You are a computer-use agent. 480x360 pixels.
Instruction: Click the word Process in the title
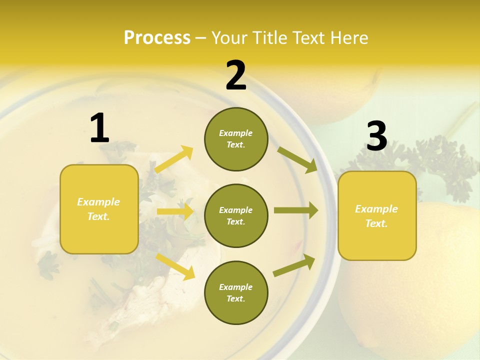(x=157, y=38)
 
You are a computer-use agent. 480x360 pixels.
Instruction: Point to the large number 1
(x=99, y=128)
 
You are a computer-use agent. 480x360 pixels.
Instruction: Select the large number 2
(x=236, y=75)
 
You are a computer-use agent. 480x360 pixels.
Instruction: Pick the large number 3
(x=376, y=136)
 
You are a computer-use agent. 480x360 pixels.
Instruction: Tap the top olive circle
(x=236, y=139)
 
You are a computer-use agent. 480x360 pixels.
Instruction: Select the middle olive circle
(x=236, y=216)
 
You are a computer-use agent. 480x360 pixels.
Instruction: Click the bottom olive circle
(x=236, y=292)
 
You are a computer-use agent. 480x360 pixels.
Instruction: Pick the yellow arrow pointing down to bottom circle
(x=175, y=266)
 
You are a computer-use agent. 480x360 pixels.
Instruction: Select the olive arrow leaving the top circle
(x=297, y=159)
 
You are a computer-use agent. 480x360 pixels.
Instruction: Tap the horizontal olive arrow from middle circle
(x=295, y=210)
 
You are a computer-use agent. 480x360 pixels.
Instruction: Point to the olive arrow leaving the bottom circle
(x=294, y=265)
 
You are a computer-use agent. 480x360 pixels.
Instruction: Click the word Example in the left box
(x=98, y=202)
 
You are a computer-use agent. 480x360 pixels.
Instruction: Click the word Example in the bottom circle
(x=235, y=287)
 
